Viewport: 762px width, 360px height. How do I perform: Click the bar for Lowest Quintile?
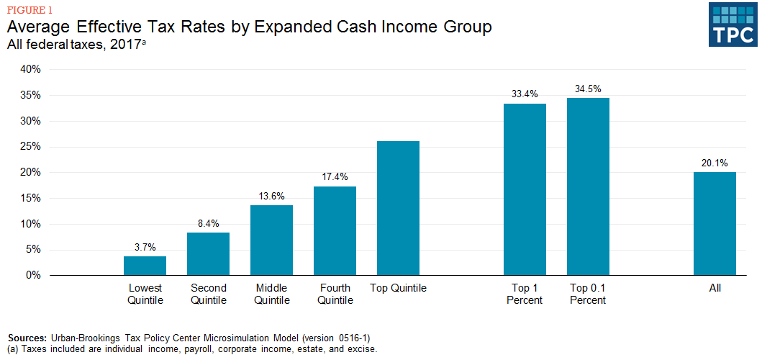click(x=145, y=266)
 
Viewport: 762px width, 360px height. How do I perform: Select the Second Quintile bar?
click(x=208, y=253)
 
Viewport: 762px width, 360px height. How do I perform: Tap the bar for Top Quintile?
click(x=398, y=208)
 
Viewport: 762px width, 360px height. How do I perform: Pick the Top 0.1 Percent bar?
click(x=588, y=186)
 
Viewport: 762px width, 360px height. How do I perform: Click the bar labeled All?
click(x=715, y=224)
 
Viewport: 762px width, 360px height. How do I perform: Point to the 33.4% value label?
click(x=525, y=94)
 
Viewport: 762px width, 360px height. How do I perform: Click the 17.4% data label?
click(x=335, y=176)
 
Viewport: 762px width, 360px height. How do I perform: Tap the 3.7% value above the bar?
click(x=145, y=246)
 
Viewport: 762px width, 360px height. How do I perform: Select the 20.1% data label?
click(x=715, y=162)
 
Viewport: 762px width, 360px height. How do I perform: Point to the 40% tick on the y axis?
click(x=31, y=69)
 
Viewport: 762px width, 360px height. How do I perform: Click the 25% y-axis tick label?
click(x=31, y=147)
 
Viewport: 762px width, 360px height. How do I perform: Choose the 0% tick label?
click(x=34, y=275)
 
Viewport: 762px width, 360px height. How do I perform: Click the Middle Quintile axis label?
click(x=271, y=294)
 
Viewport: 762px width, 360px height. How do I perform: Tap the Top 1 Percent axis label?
click(x=525, y=294)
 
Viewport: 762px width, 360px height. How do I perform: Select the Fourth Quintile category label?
click(x=335, y=294)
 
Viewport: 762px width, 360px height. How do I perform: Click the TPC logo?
click(x=732, y=24)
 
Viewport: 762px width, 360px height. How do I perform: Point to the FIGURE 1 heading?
click(x=30, y=10)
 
